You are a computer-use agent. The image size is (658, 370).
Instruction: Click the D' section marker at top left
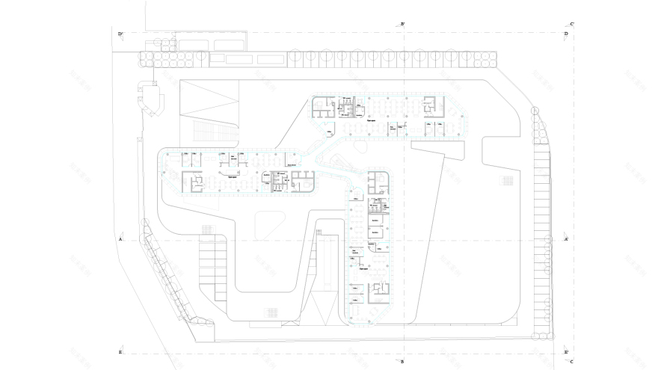[120, 34]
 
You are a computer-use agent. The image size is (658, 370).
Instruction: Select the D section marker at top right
[565, 34]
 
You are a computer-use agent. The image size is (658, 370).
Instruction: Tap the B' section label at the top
[403, 24]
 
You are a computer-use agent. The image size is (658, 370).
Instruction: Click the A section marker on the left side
[120, 239]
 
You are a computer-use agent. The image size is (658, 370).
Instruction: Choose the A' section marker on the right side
[566, 239]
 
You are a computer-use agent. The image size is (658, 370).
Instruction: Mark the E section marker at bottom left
[120, 351]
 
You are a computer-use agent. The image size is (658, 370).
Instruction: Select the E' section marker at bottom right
[566, 351]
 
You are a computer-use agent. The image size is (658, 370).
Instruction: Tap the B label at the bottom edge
[403, 362]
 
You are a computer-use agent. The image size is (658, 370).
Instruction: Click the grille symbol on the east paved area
[508, 180]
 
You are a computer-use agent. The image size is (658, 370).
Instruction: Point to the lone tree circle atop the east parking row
[535, 111]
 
